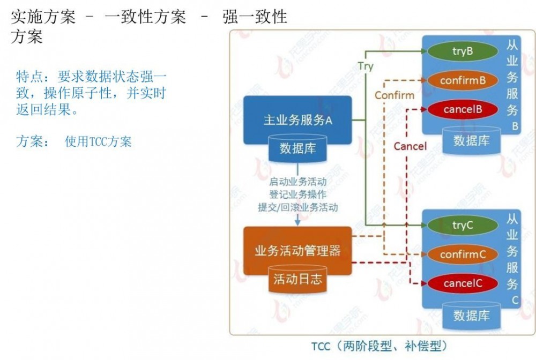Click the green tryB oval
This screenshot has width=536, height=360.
(x=463, y=51)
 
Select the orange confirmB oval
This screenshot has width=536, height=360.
(x=463, y=80)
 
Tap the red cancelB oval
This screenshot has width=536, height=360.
(x=463, y=109)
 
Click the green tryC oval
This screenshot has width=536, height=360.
(x=463, y=226)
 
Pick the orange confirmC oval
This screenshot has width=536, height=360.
(x=463, y=254)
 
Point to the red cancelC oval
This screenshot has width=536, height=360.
(x=463, y=283)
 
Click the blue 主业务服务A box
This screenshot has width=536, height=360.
(x=298, y=119)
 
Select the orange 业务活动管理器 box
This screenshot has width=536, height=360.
(x=298, y=251)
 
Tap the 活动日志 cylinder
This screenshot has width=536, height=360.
(x=297, y=280)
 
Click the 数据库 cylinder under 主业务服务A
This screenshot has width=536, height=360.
(x=297, y=149)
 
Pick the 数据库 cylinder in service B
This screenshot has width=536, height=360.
(x=471, y=141)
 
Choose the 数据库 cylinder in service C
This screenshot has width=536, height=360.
(x=471, y=316)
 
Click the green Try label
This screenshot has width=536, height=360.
(x=366, y=67)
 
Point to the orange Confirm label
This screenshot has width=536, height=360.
(x=394, y=95)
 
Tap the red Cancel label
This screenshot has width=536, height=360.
(x=410, y=146)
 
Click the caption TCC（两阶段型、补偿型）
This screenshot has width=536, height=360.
(x=379, y=345)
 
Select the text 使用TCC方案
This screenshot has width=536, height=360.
(x=98, y=142)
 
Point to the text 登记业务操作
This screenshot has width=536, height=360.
(x=297, y=195)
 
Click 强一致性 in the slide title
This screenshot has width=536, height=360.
(x=255, y=17)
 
